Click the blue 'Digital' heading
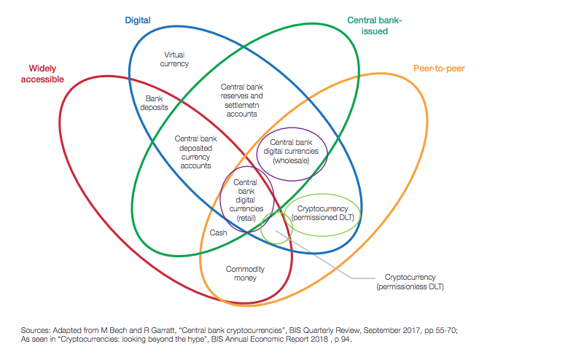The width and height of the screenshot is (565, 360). click(138, 20)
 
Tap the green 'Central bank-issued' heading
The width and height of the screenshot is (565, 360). click(375, 27)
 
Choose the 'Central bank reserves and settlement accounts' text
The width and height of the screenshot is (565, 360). click(242, 101)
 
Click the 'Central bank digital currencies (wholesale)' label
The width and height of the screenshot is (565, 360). click(292, 151)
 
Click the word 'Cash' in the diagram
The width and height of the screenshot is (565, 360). click(218, 232)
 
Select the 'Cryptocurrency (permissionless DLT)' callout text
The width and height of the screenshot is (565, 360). click(410, 283)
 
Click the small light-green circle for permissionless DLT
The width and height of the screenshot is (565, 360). click(276, 227)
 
